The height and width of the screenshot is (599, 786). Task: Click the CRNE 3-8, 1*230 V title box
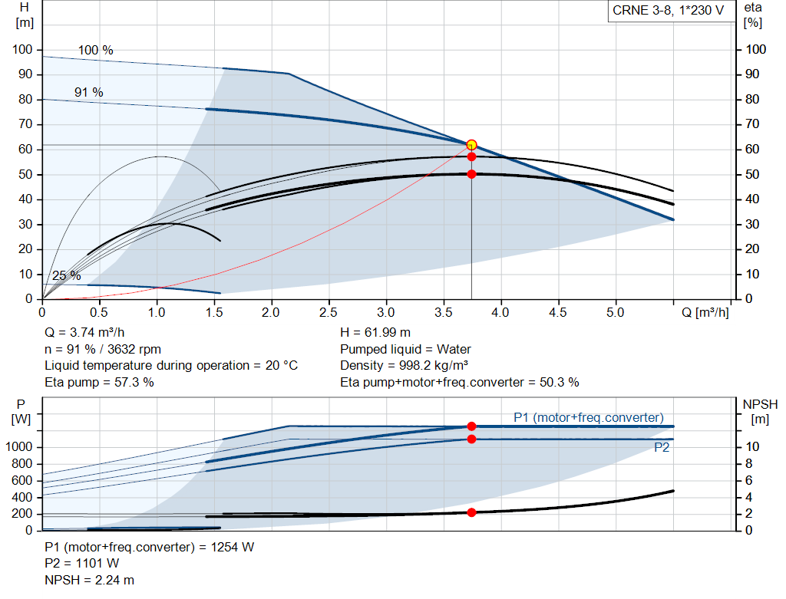668,11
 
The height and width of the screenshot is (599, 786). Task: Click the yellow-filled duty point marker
471,145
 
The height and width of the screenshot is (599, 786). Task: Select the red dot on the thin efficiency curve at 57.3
471,156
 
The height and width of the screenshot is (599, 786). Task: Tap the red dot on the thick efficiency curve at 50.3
471,174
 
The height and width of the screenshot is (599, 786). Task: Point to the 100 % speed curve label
95,51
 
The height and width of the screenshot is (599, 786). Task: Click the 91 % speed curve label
88,92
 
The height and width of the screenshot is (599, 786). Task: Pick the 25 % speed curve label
66,275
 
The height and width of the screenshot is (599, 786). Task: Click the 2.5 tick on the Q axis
329,313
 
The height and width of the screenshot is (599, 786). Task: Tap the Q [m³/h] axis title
705,313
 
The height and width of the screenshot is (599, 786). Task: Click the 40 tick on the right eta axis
756,199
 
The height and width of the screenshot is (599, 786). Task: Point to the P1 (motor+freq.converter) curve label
588,417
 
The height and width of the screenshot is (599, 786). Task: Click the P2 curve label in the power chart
662,448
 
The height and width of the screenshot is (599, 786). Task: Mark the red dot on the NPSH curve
471,512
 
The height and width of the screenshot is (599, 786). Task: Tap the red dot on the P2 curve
471,439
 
